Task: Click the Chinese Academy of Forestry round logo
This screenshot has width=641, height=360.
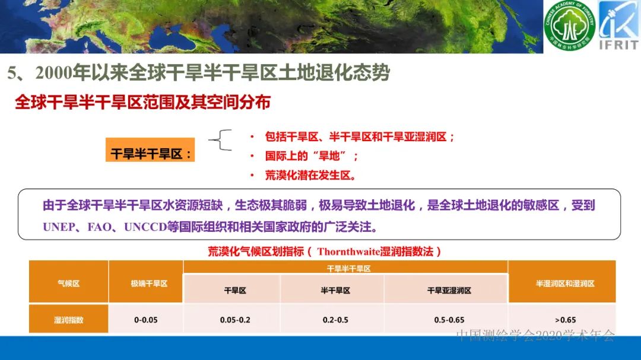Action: (569, 26)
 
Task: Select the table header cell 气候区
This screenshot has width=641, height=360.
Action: (68, 283)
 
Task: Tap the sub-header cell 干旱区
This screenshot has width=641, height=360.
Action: (235, 291)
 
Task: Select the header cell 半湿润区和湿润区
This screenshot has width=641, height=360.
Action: (564, 283)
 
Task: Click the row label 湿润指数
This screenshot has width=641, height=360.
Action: (68, 320)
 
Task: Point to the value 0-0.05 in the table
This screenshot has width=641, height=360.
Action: (146, 320)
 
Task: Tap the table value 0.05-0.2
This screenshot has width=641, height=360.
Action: (235, 320)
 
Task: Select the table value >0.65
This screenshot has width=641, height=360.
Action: (564, 320)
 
